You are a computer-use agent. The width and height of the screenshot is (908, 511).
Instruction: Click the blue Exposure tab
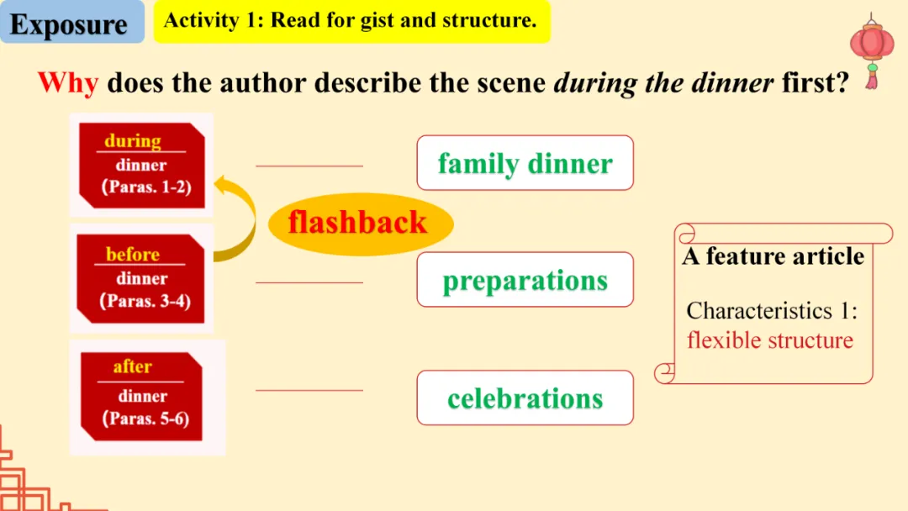[x=71, y=22]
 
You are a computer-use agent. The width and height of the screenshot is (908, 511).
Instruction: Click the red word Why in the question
[x=68, y=82]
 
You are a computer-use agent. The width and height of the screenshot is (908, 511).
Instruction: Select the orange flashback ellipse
[x=360, y=224]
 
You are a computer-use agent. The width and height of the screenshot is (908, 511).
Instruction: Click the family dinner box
[x=525, y=162]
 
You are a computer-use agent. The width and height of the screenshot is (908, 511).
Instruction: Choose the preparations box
[x=525, y=280]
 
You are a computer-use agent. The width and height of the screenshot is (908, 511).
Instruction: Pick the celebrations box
[x=525, y=398]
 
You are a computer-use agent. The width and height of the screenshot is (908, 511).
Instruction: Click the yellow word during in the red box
[x=133, y=141]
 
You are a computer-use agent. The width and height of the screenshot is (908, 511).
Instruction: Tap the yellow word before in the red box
[x=133, y=254]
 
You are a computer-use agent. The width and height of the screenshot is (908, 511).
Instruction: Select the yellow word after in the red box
[x=133, y=366]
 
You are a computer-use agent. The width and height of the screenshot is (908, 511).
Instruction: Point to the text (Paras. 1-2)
[x=146, y=187]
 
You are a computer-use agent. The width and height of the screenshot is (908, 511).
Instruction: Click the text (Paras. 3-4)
[x=145, y=301]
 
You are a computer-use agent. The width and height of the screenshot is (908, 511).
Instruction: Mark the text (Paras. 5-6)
[x=145, y=419]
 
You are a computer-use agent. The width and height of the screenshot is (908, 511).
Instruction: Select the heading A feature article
[x=773, y=256]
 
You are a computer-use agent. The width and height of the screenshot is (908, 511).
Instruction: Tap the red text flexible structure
[x=770, y=340]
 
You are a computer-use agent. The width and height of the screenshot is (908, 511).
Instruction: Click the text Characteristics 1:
[x=772, y=311]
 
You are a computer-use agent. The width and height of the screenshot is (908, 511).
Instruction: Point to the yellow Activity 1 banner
[x=351, y=21]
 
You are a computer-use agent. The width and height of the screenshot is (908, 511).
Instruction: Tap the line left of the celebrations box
[x=309, y=391]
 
